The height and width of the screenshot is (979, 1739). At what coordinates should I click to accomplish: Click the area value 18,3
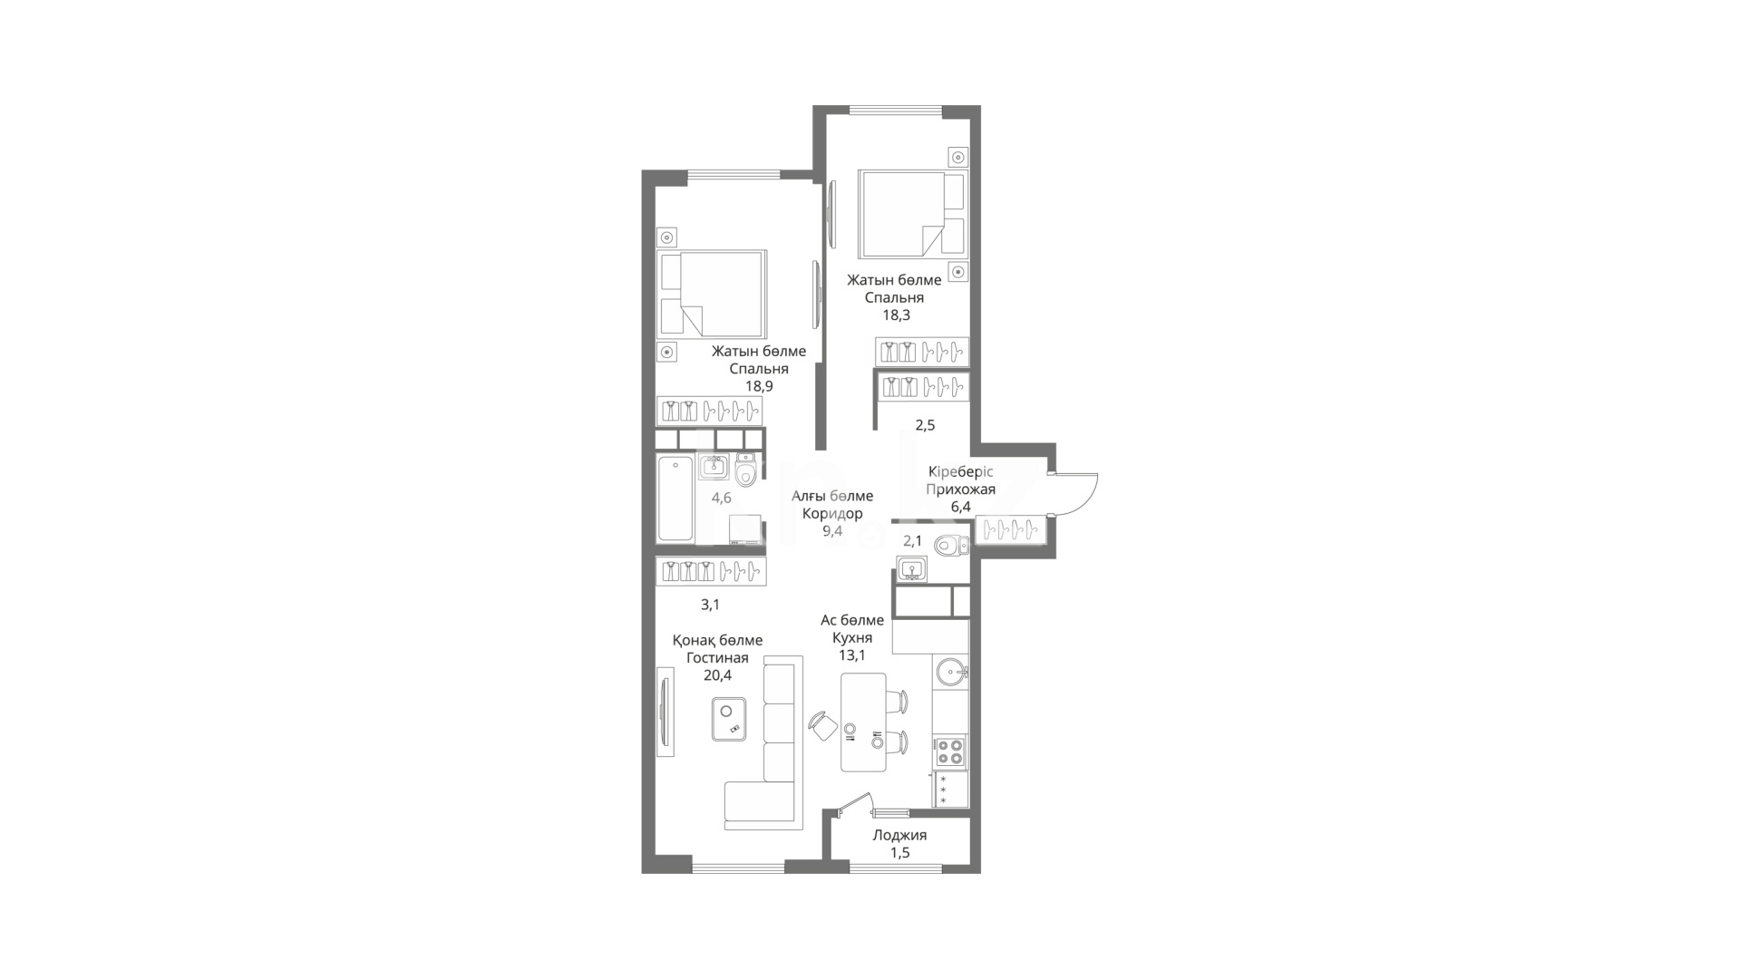[x=896, y=315]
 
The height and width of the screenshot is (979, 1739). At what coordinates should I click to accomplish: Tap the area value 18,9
[x=759, y=386]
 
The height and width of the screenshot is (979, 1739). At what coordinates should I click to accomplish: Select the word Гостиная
[x=717, y=657]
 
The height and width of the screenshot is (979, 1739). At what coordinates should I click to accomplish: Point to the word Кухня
[x=852, y=637]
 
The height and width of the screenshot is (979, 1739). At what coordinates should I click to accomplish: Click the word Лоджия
[x=899, y=835]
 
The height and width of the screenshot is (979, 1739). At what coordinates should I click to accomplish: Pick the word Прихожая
[x=960, y=489]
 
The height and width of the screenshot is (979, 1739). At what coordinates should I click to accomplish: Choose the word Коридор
[x=832, y=513]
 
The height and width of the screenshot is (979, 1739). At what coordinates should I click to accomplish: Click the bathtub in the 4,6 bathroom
[x=675, y=499]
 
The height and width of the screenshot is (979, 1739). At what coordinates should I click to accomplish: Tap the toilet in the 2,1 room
[x=952, y=545]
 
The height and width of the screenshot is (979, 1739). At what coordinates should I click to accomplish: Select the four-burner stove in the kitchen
[x=950, y=751]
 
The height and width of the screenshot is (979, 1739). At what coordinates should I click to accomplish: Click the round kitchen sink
[x=951, y=672]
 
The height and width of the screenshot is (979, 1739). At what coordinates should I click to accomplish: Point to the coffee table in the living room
[x=729, y=719]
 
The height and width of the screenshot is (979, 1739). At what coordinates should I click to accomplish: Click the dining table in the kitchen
[x=863, y=722]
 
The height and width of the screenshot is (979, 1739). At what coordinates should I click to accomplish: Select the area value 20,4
[x=717, y=674]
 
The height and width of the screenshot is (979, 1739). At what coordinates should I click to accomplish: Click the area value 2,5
[x=925, y=424]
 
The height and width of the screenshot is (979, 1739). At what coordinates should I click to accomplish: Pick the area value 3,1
[x=710, y=604]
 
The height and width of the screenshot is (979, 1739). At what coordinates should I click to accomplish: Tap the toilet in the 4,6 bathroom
[x=746, y=470]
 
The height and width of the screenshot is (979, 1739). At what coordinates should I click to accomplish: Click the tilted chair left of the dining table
[x=824, y=726]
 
